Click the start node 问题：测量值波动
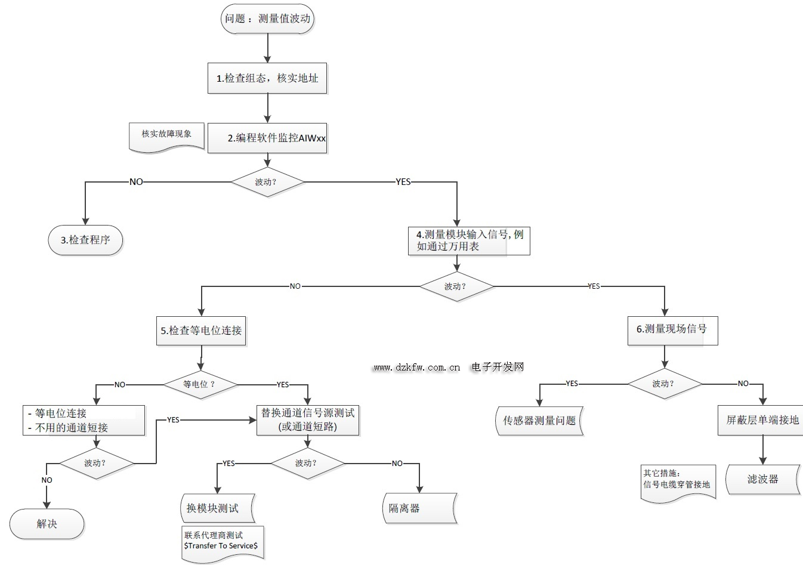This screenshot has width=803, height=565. click(x=267, y=18)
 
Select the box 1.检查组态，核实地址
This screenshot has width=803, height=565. click(x=267, y=78)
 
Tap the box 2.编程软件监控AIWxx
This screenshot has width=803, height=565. click(x=267, y=138)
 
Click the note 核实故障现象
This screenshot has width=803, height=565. click(x=166, y=135)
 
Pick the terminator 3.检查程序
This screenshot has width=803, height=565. click(x=85, y=240)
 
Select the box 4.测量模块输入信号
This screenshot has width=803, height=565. click(x=469, y=240)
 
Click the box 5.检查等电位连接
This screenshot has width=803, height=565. click(x=201, y=331)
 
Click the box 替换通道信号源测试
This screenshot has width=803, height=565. click(x=308, y=420)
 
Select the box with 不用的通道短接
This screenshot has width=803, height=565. click(x=84, y=421)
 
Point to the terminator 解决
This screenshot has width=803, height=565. click(x=47, y=524)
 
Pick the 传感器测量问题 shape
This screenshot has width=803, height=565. click(x=539, y=421)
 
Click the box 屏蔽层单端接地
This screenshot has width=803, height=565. click(x=762, y=420)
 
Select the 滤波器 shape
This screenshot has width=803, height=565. click(x=762, y=479)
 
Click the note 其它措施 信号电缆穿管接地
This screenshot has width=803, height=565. click(x=677, y=480)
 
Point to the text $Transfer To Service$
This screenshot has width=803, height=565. click(x=221, y=545)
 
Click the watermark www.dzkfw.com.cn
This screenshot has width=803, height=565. click(x=416, y=368)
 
